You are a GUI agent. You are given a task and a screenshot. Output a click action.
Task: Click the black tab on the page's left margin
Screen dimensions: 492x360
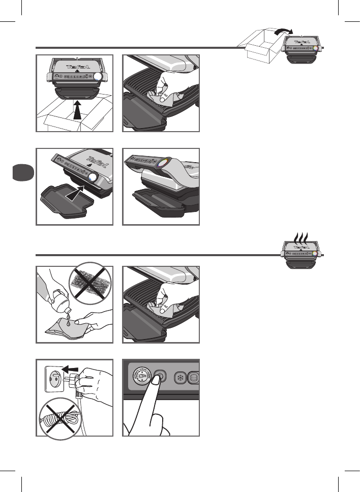21,173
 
